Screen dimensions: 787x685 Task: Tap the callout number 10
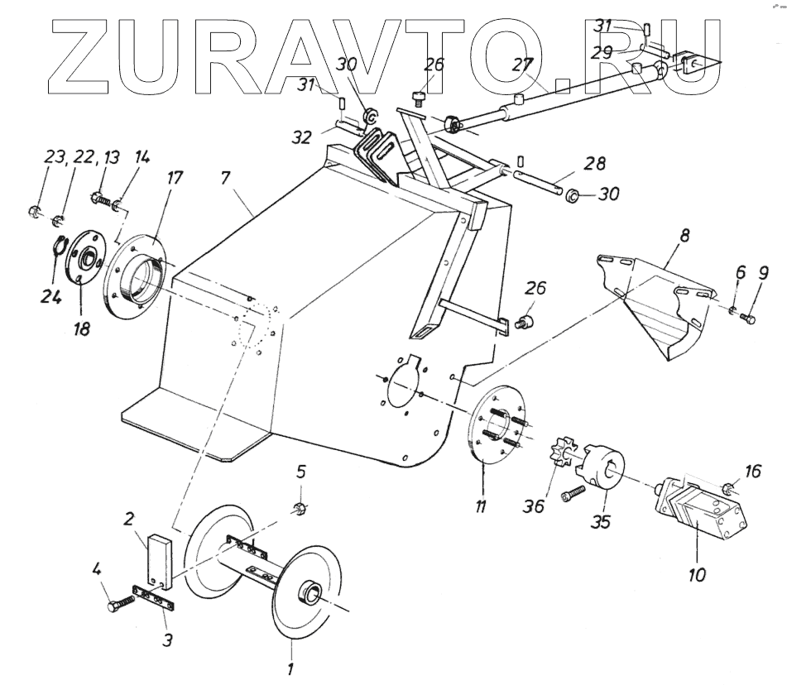(697, 573)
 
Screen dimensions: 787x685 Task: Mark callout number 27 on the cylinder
(521, 65)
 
